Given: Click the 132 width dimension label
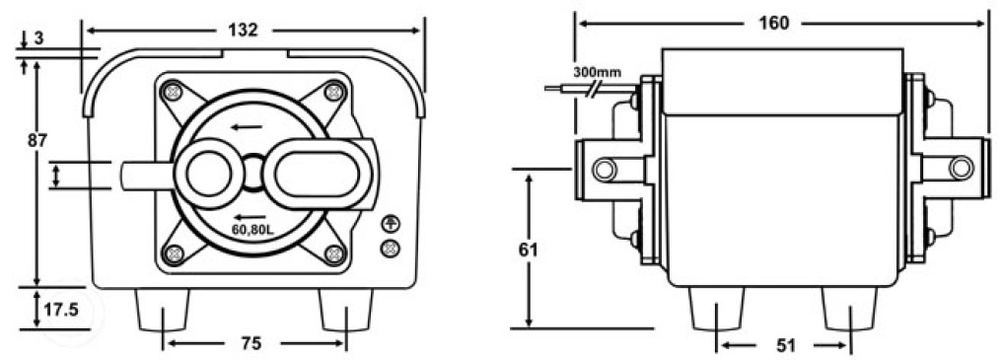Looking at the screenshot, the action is point(243,30).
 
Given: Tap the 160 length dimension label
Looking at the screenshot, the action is point(773,23).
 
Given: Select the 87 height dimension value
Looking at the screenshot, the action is point(37,141).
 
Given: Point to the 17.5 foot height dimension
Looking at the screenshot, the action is point(61,310).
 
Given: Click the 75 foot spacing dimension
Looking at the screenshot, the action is point(252,343).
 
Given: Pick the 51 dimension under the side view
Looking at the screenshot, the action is point(785,346).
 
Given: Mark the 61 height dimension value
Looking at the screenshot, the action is point(528,250).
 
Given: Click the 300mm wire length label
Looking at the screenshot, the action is point(596,71).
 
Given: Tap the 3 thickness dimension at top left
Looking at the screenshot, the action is point(38,38).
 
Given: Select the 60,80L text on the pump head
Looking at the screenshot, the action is point(253,230).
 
